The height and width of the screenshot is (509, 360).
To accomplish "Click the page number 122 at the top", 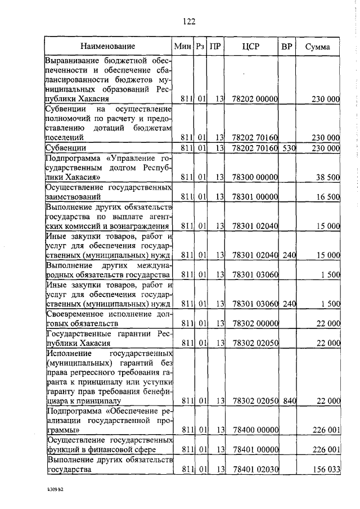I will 188,22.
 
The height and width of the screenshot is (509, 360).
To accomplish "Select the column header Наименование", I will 107,46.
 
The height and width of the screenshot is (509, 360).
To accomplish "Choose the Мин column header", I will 183,46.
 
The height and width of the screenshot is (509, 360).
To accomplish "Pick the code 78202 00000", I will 255,99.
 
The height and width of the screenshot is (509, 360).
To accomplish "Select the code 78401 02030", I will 255,470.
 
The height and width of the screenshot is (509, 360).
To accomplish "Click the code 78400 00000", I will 255,430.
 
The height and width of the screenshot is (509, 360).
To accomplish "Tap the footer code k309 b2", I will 57,489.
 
